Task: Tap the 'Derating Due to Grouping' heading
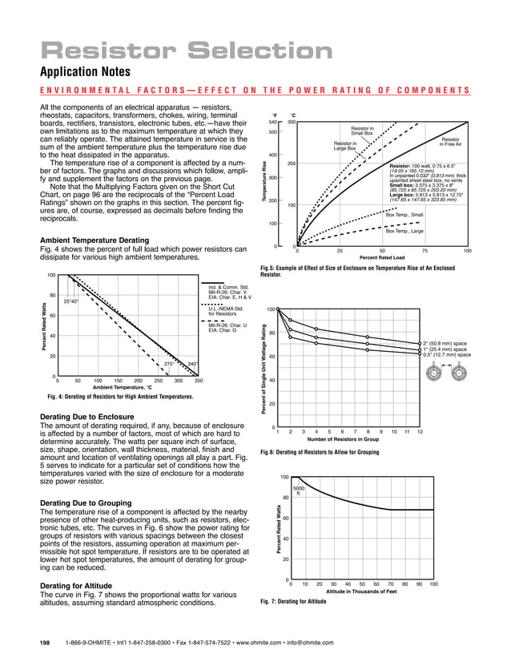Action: pos(91,503)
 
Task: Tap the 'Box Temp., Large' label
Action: pos(404,231)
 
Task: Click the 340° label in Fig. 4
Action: pos(192,363)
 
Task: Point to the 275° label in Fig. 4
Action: pos(168,363)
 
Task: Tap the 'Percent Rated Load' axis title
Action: pos(382,258)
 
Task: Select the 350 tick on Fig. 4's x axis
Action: pos(199,381)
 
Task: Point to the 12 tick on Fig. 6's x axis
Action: pos(420,432)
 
